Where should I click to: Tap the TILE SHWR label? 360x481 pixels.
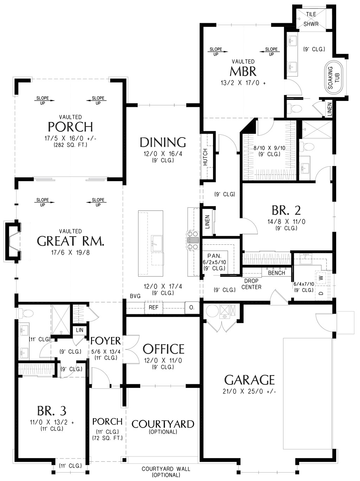[311, 19]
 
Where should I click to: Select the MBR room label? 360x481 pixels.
[243, 72]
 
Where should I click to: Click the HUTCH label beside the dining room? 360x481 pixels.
[205, 157]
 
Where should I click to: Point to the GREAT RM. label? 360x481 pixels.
[70, 241]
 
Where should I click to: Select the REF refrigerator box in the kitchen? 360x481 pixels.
[153, 307]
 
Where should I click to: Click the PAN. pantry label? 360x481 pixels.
[214, 256]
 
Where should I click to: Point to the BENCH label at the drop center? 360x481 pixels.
[276, 273]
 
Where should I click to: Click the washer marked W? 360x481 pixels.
[321, 278]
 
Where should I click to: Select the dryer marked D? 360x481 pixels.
[321, 293]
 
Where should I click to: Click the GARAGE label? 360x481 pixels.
[249, 380]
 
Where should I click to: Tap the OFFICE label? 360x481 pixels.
[163, 349]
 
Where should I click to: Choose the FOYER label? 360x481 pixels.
[105, 341]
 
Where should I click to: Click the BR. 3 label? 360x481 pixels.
[52, 411]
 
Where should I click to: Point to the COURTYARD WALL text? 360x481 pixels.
[166, 469]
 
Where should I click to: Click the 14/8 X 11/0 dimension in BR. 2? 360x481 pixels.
[286, 222]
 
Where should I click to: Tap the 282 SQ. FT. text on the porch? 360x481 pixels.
[70, 145]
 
